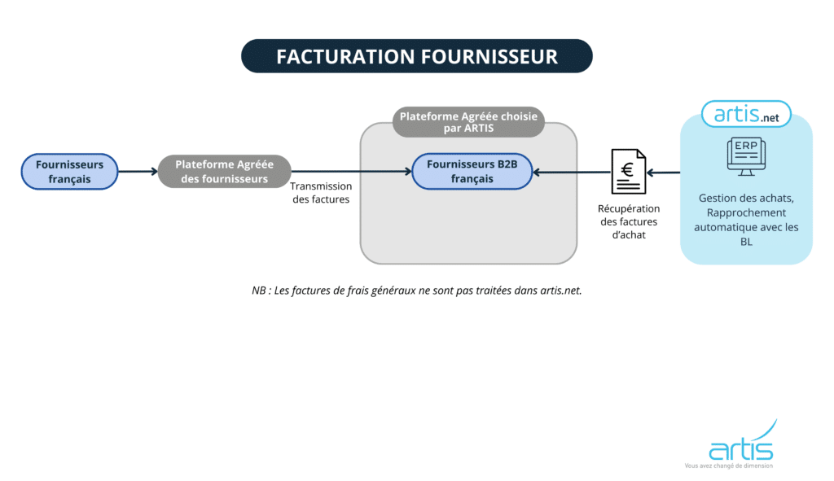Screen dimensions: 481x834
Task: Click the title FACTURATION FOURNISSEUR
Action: coord(416,56)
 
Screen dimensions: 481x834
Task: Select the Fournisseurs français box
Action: coord(70,172)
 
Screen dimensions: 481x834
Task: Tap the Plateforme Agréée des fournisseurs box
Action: coord(224,172)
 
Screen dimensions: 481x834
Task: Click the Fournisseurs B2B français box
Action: coord(472,172)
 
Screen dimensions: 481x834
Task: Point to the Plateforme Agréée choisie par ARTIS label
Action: coord(468,122)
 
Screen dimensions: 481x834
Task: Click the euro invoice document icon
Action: coord(628,173)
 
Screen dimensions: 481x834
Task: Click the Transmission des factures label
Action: coord(321,193)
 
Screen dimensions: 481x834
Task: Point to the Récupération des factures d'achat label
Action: coord(629,221)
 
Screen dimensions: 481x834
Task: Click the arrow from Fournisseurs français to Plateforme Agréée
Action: coord(138,172)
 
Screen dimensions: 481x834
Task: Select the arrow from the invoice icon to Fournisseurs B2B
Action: coord(570,172)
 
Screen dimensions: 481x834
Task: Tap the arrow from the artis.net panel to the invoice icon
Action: coord(664,172)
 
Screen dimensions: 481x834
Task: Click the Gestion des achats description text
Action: coord(746,220)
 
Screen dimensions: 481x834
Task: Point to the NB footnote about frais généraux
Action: coord(416,290)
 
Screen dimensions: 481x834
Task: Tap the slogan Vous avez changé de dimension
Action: coord(728,466)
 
